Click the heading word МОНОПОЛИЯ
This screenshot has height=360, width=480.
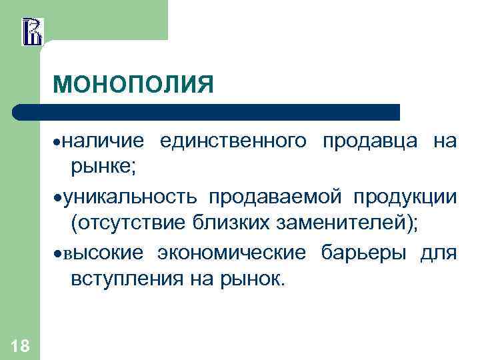(x=133, y=85)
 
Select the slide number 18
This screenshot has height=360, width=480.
(x=20, y=345)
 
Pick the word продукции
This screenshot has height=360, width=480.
(x=405, y=198)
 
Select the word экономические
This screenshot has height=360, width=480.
(x=233, y=255)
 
